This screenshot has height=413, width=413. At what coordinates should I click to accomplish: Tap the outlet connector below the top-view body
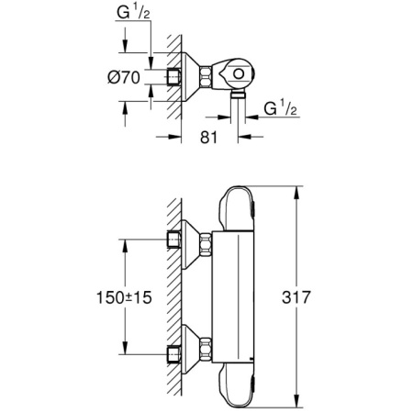tap(238, 91)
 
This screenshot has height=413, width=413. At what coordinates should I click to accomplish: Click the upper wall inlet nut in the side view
tap(173, 242)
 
